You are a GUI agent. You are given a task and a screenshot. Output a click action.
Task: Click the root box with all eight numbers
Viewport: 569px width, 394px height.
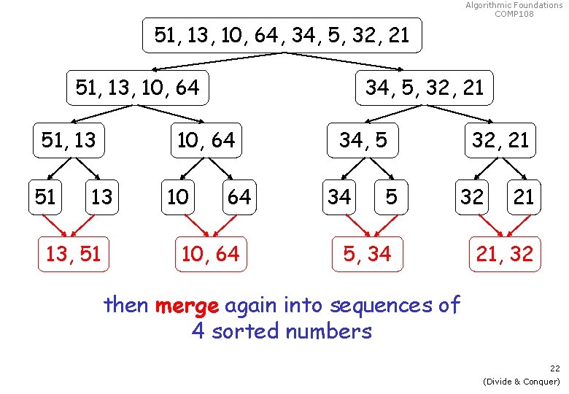point(282,35)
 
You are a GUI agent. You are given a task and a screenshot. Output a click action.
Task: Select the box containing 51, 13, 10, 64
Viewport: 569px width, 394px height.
point(136,88)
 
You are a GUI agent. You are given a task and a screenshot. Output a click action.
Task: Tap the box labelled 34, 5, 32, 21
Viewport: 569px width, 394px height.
point(424,88)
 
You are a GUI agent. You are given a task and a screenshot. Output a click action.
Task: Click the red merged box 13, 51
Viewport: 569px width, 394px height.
point(73,254)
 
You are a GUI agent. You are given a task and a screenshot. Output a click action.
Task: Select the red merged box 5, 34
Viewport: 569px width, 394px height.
point(368,254)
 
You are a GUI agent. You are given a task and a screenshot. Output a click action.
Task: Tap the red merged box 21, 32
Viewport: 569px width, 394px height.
point(504,254)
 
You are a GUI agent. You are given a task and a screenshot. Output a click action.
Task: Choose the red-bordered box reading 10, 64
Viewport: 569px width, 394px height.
point(210,254)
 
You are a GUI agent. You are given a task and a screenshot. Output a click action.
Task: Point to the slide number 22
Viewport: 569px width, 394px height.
point(555,369)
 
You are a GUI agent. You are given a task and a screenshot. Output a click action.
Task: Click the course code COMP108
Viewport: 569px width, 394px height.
point(514,13)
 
